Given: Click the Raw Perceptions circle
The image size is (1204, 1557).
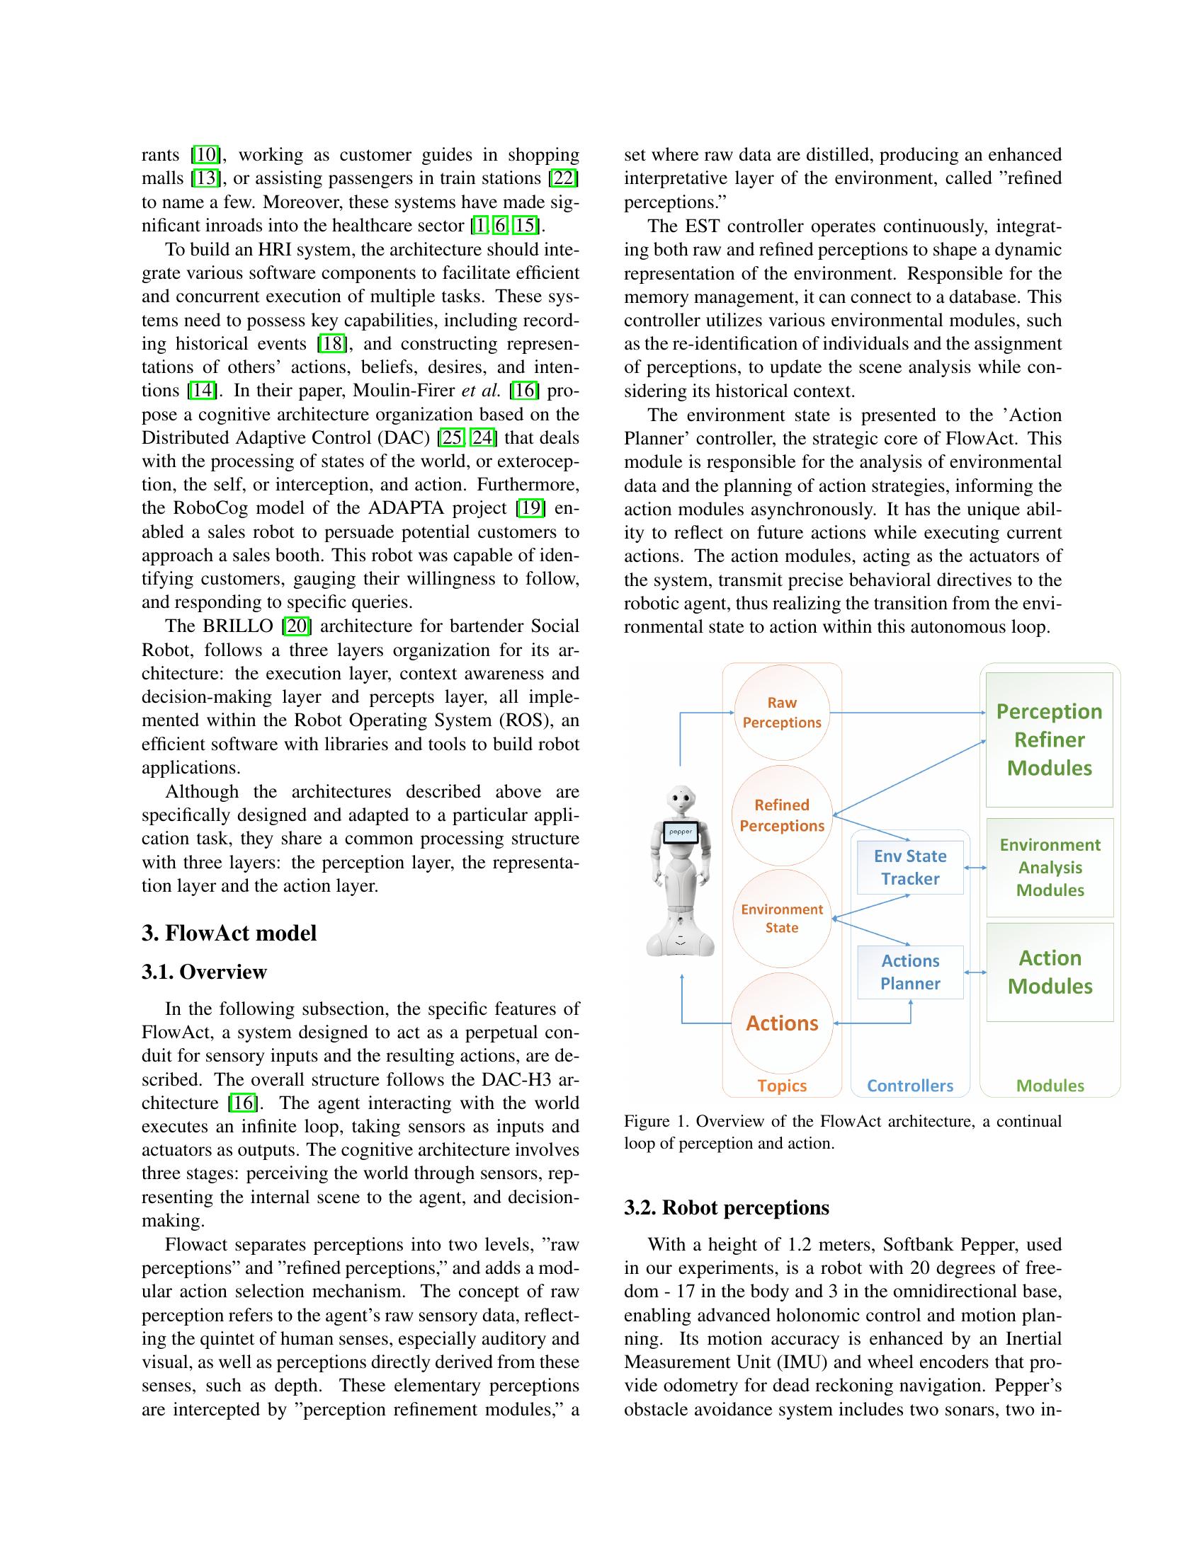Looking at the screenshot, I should pos(782,712).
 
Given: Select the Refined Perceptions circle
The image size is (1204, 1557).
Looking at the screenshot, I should pos(782,815).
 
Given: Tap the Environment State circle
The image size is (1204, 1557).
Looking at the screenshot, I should pos(782,918).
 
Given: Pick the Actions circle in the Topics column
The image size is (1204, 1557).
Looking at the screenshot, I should pos(782,1023).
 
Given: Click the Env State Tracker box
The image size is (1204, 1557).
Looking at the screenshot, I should pos(910,867).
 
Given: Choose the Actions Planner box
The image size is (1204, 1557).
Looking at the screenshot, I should pos(910,972).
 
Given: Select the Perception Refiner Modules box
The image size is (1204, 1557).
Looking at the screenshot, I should pos(1049,740).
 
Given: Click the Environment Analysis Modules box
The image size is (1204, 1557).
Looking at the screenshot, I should pos(1049,867).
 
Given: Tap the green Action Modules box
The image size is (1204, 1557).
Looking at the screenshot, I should pos(1049,972).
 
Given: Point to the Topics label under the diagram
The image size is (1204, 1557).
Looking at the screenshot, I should pos(782,1086).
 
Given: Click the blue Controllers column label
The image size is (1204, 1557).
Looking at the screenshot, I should pos(910,1086).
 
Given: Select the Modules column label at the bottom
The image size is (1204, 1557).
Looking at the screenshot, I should pos(1049,1086).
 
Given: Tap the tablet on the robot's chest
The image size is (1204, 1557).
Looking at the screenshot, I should pos(681,832).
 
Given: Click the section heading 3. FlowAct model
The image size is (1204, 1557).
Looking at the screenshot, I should pos(229,933).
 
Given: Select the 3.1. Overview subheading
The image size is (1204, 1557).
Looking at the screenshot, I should pos(204,972).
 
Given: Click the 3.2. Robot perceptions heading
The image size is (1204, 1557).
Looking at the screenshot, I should pos(726,1207).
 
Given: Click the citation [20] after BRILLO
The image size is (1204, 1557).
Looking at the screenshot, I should pos(295,626).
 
